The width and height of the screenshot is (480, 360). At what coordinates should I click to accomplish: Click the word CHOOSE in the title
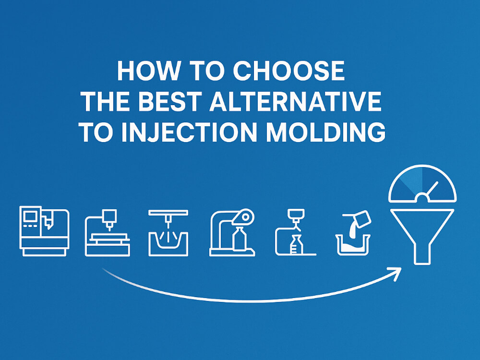(x=288, y=72)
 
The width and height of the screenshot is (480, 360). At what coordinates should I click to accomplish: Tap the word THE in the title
(x=106, y=102)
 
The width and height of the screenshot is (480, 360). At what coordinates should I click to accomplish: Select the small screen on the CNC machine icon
(x=31, y=216)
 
